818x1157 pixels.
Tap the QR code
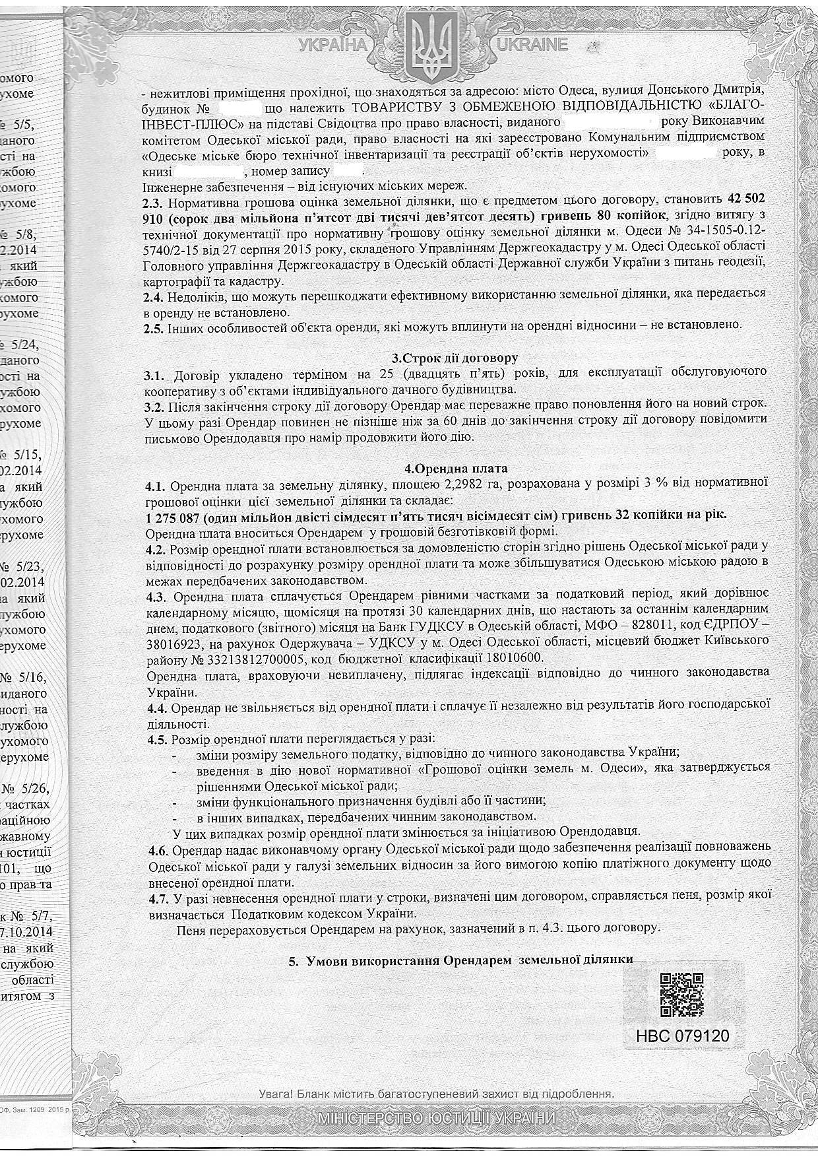681,995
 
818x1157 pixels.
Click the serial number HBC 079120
683,1035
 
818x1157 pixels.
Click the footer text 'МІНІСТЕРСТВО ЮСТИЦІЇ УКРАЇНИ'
436,1119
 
